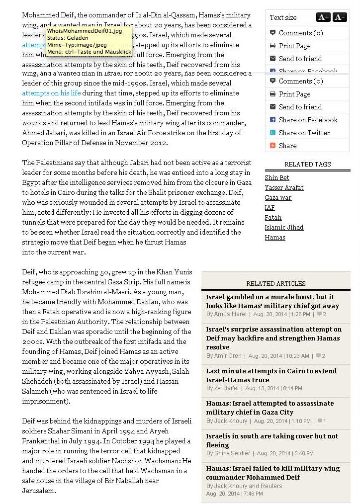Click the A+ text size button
click(323, 17)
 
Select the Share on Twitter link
click(304, 133)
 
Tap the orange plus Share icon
click(272, 146)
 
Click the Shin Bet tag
click(276, 178)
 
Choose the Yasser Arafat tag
click(284, 188)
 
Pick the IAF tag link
click(270, 208)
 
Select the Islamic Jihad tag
click(284, 228)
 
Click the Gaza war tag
click(278, 198)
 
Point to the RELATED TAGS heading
click(307, 165)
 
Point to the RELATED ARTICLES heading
click(276, 284)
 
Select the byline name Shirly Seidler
click(231, 453)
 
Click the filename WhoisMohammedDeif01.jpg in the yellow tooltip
click(84, 31)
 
